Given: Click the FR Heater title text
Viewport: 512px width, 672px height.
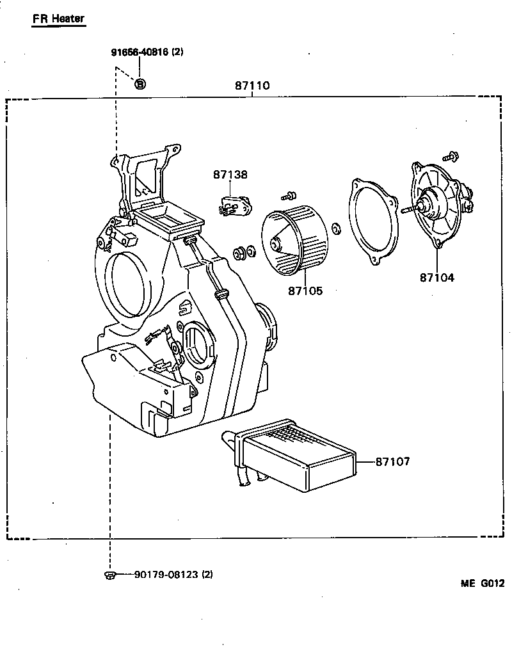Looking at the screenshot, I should [x=58, y=19].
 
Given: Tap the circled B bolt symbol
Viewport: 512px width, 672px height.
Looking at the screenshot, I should [x=141, y=83].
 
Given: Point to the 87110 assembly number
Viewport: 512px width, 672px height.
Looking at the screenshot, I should [x=252, y=86].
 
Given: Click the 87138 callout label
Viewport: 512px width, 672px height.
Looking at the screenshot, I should [x=230, y=174].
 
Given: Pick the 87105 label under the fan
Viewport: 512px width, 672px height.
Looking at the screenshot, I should [x=305, y=291].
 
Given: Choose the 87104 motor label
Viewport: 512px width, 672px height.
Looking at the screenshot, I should [x=437, y=277].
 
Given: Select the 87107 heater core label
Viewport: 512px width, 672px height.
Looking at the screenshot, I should [x=392, y=461].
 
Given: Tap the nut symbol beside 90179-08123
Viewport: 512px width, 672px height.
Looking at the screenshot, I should [x=109, y=575].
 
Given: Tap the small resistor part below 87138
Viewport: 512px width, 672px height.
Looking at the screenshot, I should [x=234, y=207].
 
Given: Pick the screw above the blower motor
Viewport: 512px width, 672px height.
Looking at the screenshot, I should [x=451, y=156].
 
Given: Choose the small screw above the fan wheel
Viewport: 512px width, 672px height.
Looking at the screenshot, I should [x=290, y=194].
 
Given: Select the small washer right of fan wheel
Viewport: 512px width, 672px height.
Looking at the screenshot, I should [x=338, y=228].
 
